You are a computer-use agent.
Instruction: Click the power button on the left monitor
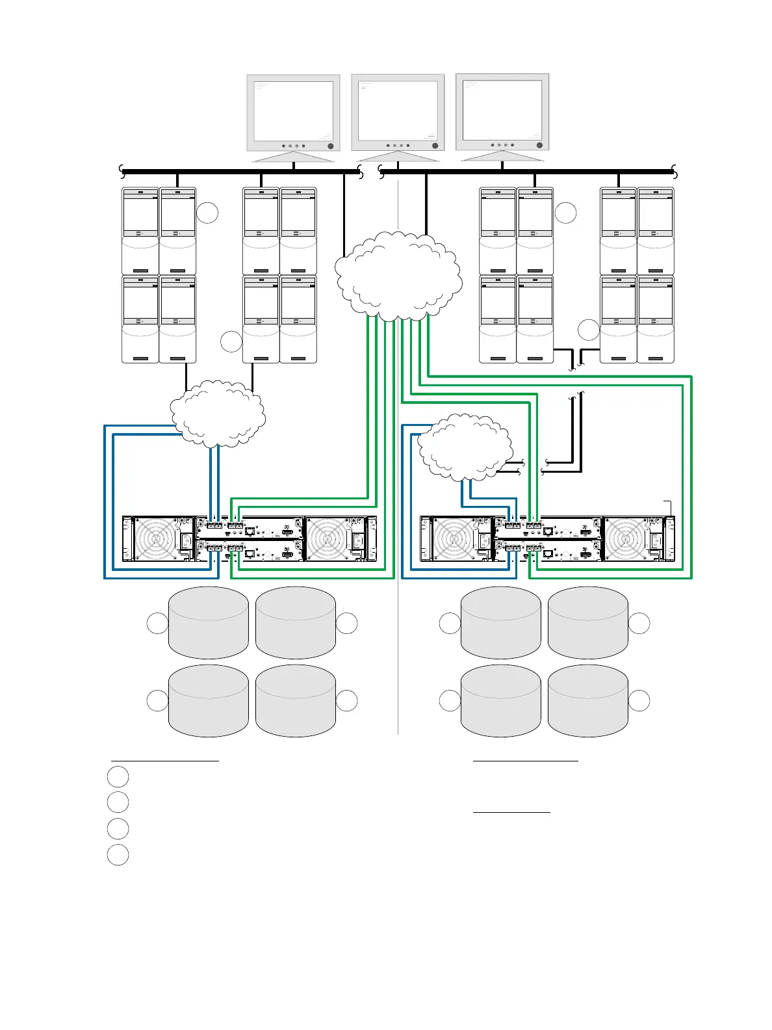[x=330, y=146]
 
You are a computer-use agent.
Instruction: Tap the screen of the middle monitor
[x=398, y=109]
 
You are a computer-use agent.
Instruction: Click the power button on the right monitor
[x=539, y=145]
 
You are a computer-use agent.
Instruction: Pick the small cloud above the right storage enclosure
[x=462, y=448]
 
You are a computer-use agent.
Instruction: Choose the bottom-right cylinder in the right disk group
[x=587, y=701]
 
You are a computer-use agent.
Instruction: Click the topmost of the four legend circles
[x=118, y=776]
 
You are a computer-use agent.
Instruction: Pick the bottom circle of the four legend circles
[x=118, y=854]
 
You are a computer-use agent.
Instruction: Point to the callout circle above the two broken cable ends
[x=588, y=330]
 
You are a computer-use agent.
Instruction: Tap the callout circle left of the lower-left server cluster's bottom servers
[x=231, y=341]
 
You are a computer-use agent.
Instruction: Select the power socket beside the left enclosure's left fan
[x=186, y=541]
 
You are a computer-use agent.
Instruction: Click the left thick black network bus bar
[x=240, y=172]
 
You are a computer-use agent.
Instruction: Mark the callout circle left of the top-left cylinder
[x=157, y=623]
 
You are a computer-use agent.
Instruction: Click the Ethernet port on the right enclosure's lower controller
[x=548, y=555]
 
